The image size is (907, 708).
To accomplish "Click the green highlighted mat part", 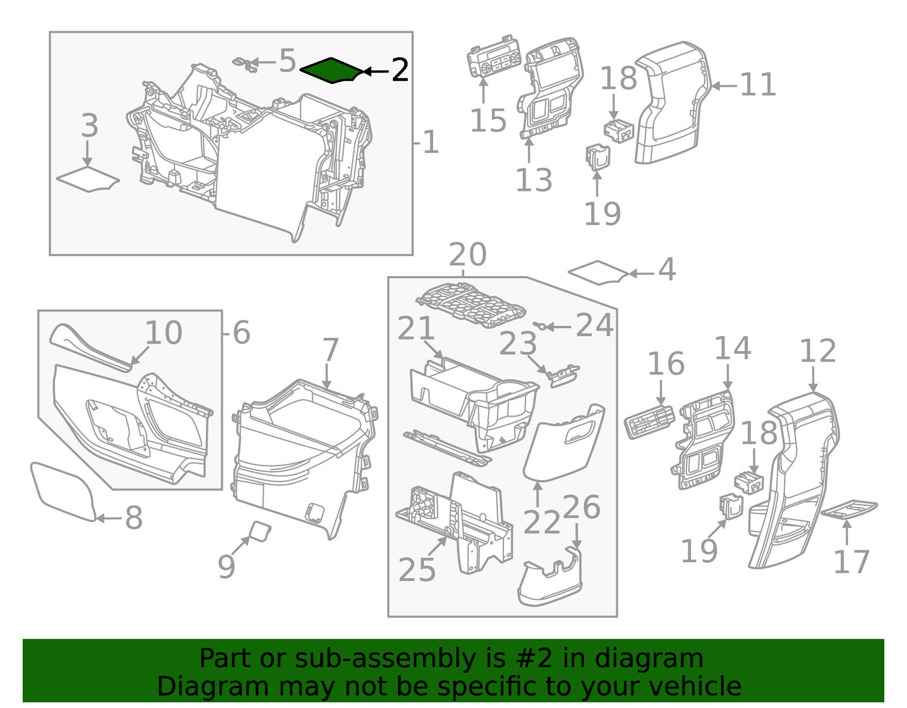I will click(x=330, y=71).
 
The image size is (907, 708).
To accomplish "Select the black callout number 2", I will click(x=400, y=71).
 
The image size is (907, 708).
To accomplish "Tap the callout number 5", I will click(x=287, y=61).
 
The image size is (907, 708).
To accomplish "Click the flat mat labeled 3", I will click(x=88, y=180).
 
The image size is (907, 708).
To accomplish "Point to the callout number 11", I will click(x=757, y=86).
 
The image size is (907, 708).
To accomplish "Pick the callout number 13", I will click(x=533, y=180).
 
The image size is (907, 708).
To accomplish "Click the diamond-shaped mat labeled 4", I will click(x=598, y=272).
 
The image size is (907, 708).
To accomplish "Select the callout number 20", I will click(x=468, y=255).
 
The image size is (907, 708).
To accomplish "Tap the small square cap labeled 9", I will click(x=260, y=532).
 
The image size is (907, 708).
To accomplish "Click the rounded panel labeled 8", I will click(x=62, y=491).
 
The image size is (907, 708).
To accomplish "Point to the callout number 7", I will click(x=330, y=350).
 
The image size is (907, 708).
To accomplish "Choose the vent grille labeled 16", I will click(x=650, y=421).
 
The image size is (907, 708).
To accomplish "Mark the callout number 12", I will click(x=817, y=351).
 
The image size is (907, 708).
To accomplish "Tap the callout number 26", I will click(x=581, y=507).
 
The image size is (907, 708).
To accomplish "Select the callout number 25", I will click(x=417, y=570).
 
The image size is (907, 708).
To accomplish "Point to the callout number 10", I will click(x=163, y=333).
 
